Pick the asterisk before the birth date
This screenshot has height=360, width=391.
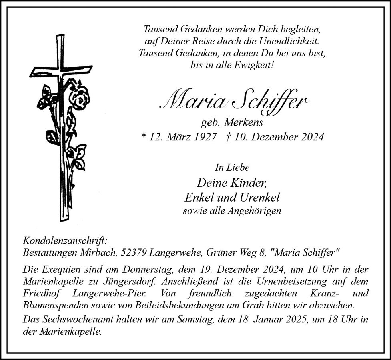point(144,137)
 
